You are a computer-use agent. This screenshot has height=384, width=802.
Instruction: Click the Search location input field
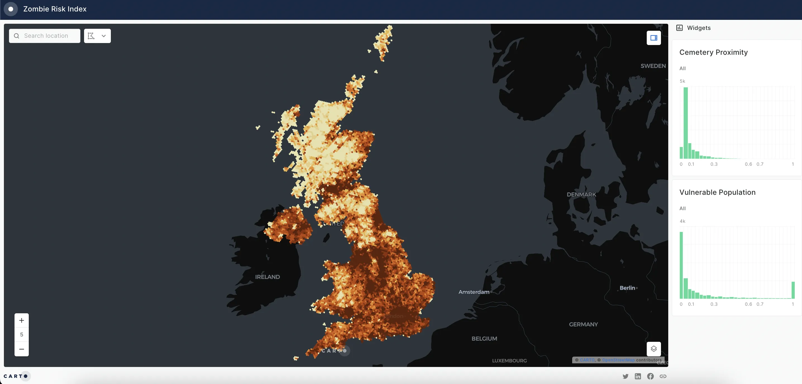(46, 36)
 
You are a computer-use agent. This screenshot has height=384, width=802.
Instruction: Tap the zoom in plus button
(22, 320)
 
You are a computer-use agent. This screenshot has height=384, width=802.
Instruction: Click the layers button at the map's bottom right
(653, 349)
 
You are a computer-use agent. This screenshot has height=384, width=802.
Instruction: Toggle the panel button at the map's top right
(653, 38)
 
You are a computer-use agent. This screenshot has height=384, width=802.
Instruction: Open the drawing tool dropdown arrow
(104, 36)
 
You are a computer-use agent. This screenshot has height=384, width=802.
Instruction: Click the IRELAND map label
(267, 277)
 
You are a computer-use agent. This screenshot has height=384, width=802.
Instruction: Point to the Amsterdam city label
(474, 292)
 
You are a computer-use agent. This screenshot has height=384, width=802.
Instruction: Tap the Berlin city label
(627, 288)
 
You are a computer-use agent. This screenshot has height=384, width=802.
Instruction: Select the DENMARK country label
(581, 195)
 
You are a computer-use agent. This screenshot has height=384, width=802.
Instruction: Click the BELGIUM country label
(484, 338)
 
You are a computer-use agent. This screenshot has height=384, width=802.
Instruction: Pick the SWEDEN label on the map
(653, 66)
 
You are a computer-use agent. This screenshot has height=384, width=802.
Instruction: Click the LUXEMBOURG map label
(509, 361)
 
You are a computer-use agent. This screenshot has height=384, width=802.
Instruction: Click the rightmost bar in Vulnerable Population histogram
(793, 290)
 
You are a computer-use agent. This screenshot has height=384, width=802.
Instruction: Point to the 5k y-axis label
(682, 81)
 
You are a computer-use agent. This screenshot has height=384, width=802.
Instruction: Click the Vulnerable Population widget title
(717, 192)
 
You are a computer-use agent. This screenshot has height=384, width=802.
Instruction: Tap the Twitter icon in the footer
(625, 376)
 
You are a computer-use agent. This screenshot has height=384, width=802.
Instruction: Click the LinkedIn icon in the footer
(638, 376)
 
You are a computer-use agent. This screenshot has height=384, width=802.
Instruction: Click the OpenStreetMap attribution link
(618, 360)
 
